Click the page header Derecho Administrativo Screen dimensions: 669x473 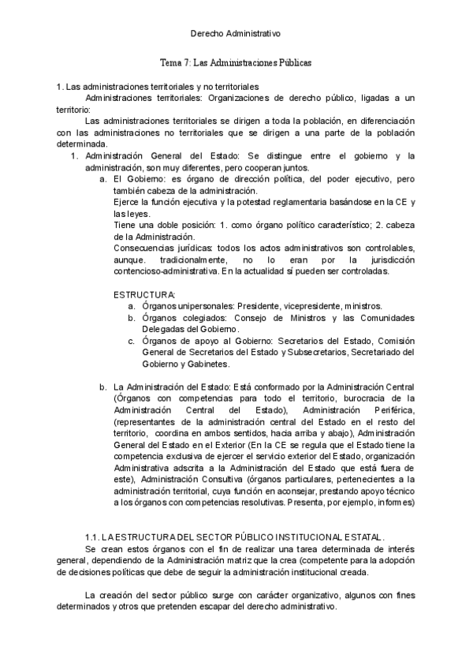tap(236, 34)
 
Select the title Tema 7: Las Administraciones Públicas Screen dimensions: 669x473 tap(236, 62)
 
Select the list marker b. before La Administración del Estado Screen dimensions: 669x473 tap(103, 387)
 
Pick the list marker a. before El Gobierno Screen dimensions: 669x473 tap(103, 180)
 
